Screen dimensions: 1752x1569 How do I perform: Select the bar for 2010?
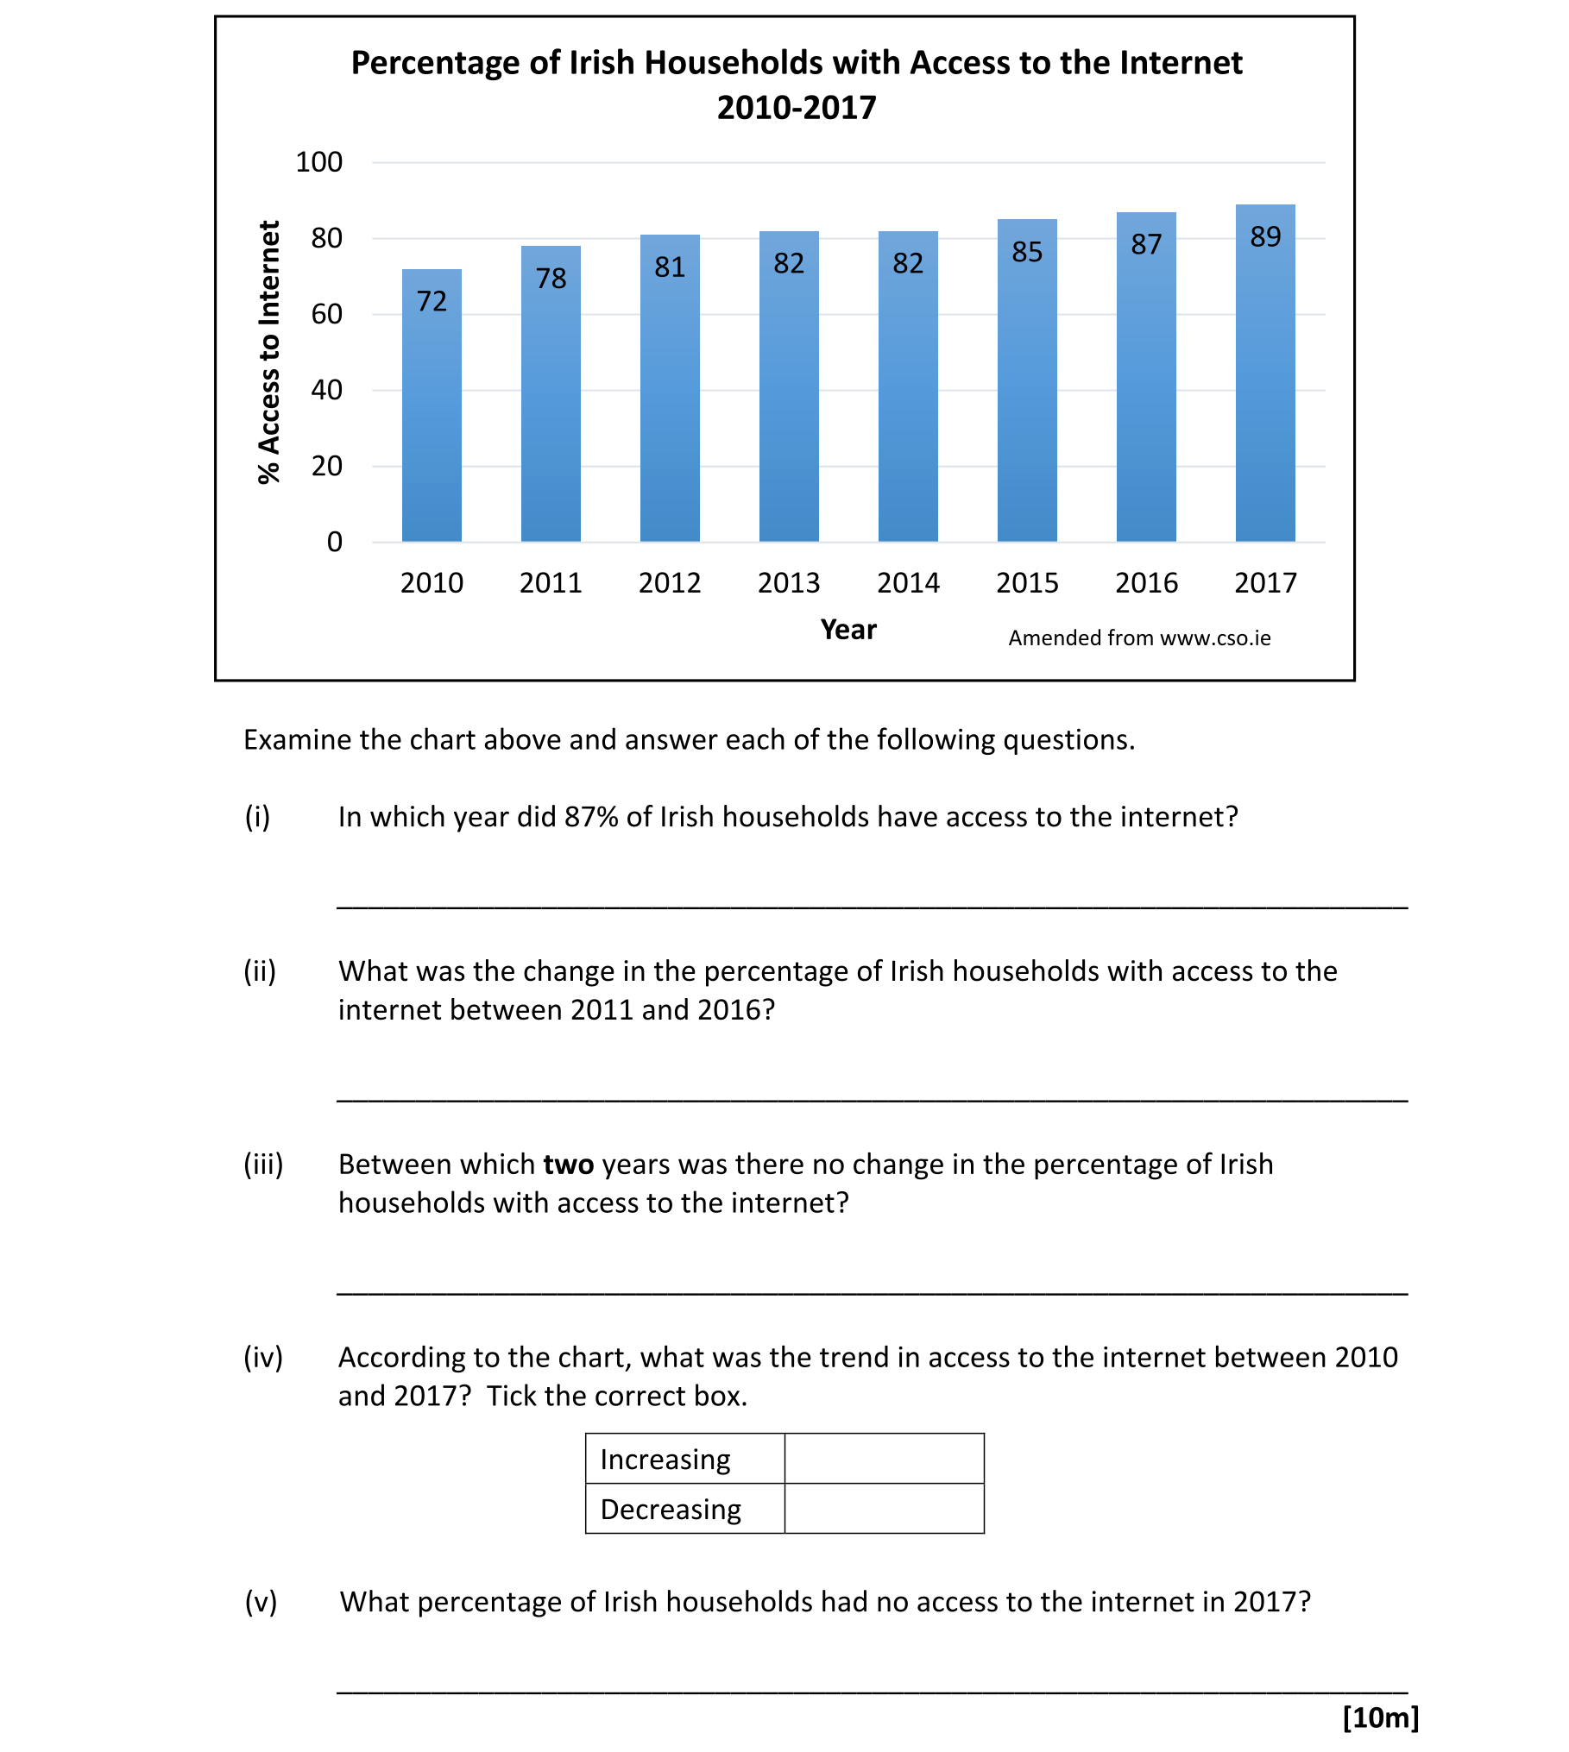[432, 405]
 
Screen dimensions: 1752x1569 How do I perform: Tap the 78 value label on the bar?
[551, 278]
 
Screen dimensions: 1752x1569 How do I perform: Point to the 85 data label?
[1027, 252]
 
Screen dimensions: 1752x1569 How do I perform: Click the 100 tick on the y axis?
[318, 162]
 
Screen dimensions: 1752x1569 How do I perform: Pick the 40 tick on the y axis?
[326, 390]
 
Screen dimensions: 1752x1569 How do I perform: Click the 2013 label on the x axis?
[789, 583]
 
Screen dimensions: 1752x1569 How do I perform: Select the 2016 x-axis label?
[1146, 583]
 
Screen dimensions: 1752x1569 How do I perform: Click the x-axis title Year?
[848, 630]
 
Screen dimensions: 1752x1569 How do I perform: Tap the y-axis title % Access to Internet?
[269, 352]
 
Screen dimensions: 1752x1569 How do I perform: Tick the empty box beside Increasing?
[884, 1459]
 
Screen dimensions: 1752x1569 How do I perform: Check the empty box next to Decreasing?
[884, 1509]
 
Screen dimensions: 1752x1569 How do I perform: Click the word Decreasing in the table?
[671, 1510]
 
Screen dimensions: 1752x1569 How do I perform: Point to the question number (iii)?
[263, 1164]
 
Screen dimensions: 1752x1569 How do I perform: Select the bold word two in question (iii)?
[568, 1165]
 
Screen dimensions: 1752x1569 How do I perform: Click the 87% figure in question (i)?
[591, 816]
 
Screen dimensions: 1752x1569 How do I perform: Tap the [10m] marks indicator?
[1380, 1717]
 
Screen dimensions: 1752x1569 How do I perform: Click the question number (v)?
[261, 1601]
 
